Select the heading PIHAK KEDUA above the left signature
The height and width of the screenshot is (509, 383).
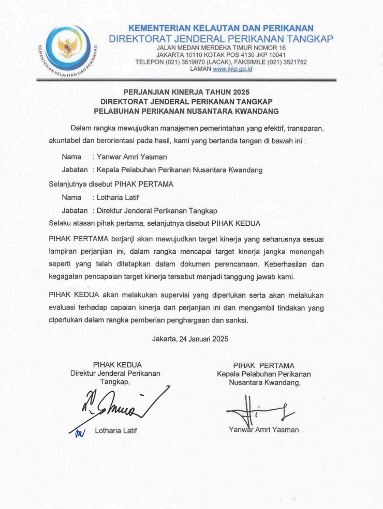click(x=117, y=365)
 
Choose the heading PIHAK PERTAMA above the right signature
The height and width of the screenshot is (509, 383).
click(x=263, y=365)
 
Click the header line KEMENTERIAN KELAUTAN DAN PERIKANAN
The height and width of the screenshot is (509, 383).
click(x=220, y=28)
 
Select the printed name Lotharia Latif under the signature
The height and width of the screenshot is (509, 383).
click(x=116, y=430)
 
